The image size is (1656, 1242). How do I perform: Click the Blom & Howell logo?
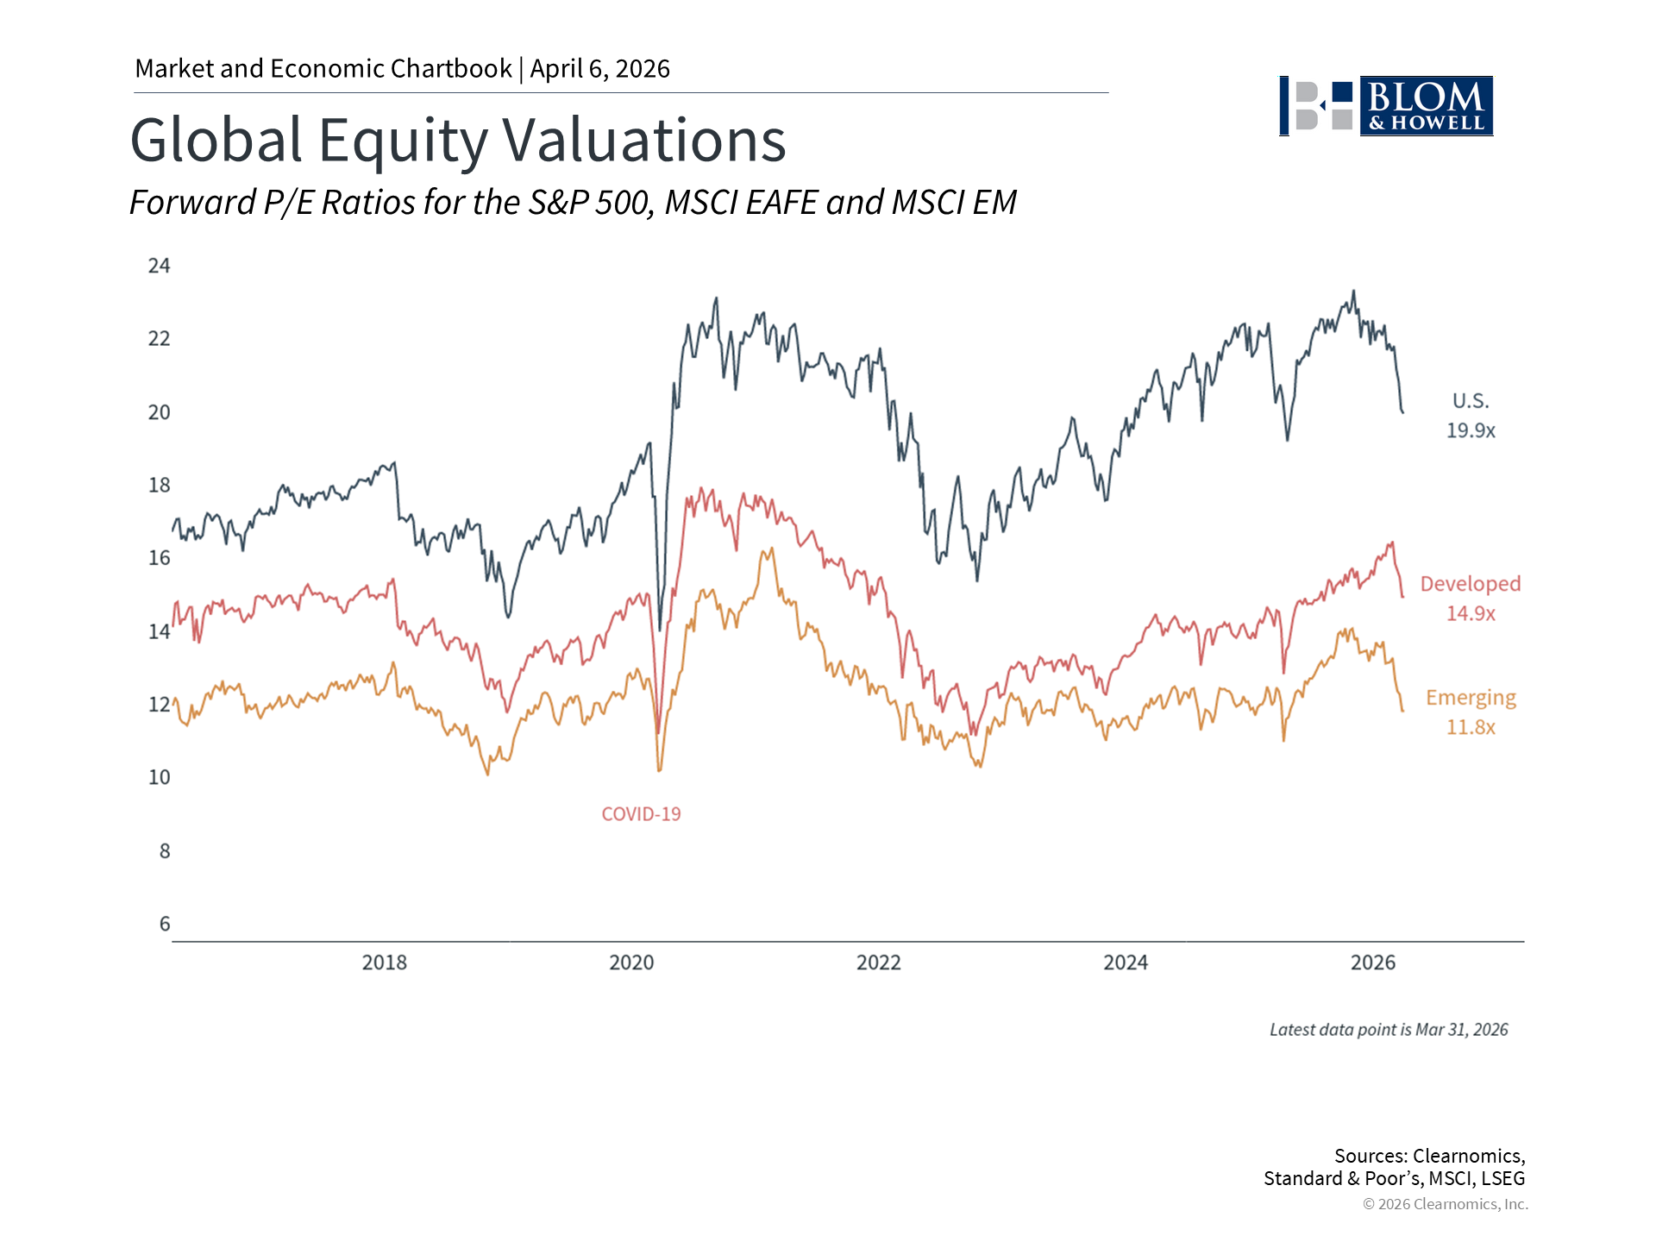click(x=1385, y=106)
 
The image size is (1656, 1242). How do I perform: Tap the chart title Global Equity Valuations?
click(x=457, y=140)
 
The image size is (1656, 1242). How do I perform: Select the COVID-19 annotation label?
click(x=641, y=814)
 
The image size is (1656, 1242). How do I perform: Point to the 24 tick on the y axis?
click(x=159, y=266)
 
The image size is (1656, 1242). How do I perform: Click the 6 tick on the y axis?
click(x=165, y=924)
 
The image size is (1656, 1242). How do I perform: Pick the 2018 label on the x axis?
click(x=384, y=963)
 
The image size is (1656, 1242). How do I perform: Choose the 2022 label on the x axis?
click(x=878, y=963)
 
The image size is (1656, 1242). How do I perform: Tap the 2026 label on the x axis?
click(x=1372, y=963)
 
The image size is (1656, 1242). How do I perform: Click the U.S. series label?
click(x=1471, y=401)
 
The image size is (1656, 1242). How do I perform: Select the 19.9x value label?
click(x=1471, y=430)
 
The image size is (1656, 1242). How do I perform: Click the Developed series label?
click(x=1471, y=584)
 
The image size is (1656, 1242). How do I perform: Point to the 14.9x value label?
click(x=1471, y=613)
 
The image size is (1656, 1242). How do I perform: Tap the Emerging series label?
click(x=1471, y=698)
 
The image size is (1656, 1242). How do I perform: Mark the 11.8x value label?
click(x=1471, y=727)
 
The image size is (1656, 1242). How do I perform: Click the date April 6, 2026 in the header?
click(x=599, y=69)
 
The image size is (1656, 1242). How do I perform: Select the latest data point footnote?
click(x=1389, y=1030)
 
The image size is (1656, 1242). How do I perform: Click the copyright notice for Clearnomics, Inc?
click(x=1446, y=1204)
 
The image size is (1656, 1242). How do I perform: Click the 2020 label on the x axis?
click(x=631, y=963)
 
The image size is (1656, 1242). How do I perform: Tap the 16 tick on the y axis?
click(x=159, y=558)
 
